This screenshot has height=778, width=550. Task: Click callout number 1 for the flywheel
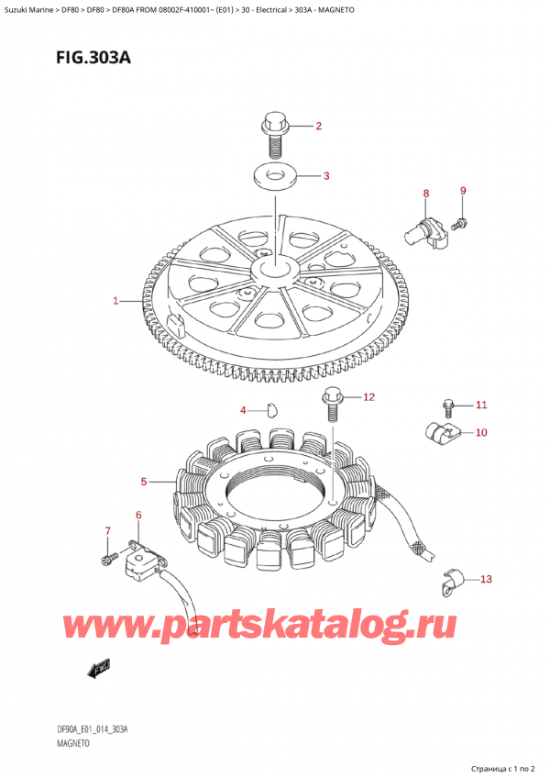click(116, 300)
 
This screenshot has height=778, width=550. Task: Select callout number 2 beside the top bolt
click(318, 126)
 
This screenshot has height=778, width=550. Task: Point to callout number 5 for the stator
click(144, 481)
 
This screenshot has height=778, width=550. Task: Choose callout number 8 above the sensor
click(425, 194)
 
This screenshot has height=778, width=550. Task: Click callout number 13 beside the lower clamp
click(486, 579)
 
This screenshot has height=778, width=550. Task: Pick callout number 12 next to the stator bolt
click(368, 397)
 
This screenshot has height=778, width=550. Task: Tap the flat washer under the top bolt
click(273, 176)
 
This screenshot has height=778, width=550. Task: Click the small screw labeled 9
click(462, 221)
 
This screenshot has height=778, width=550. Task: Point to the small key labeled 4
click(270, 409)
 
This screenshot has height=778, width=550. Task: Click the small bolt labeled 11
click(447, 404)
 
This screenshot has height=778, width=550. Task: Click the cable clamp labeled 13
click(450, 578)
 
